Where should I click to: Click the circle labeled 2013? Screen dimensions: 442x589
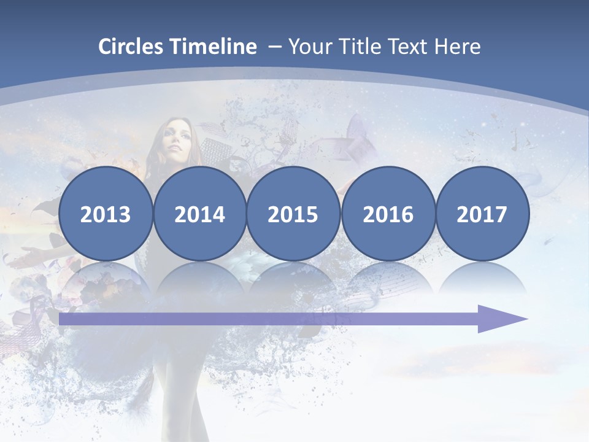[106, 214]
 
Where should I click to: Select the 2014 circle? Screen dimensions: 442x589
[199, 214]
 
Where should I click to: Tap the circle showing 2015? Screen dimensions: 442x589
[293, 214]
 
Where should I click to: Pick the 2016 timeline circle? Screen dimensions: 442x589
[388, 214]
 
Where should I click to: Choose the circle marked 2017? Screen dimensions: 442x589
[482, 214]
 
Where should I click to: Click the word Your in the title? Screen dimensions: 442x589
[308, 47]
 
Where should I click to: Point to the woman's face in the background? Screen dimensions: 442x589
[173, 141]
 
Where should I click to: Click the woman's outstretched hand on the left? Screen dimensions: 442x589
[28, 252]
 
